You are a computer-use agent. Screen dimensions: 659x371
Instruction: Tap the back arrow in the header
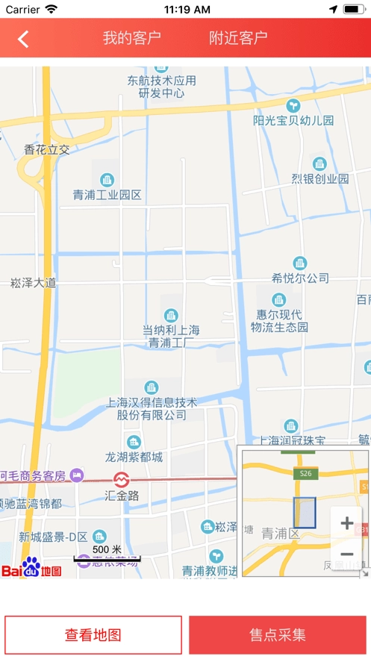[23, 39]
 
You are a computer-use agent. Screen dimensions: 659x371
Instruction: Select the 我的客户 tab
[131, 38]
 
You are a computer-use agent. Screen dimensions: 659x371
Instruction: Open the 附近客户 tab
[238, 38]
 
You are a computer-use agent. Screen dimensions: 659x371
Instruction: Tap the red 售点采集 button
[278, 635]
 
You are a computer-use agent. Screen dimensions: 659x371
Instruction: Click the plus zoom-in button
[346, 523]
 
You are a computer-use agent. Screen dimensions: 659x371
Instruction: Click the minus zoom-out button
[346, 555]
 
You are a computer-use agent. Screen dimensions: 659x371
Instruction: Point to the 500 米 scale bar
[107, 554]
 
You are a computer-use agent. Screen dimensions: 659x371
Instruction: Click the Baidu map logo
[31, 569]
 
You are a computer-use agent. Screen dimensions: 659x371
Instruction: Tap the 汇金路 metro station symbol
[121, 478]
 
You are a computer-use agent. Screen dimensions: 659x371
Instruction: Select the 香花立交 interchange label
[46, 149]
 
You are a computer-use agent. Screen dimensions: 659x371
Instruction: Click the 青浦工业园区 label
[107, 195]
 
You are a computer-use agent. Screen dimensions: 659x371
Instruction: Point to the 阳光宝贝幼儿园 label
[293, 120]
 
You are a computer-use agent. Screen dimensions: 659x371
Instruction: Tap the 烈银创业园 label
[319, 179]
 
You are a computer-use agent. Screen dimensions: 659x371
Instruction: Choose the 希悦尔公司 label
[300, 278]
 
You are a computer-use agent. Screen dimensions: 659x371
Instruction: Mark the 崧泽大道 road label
[33, 283]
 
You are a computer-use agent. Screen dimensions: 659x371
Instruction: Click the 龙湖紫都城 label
[134, 457]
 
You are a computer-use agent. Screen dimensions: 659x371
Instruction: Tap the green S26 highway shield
[305, 473]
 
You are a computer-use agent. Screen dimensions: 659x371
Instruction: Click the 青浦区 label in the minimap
[280, 534]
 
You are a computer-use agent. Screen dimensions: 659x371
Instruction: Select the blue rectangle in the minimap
[305, 513]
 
